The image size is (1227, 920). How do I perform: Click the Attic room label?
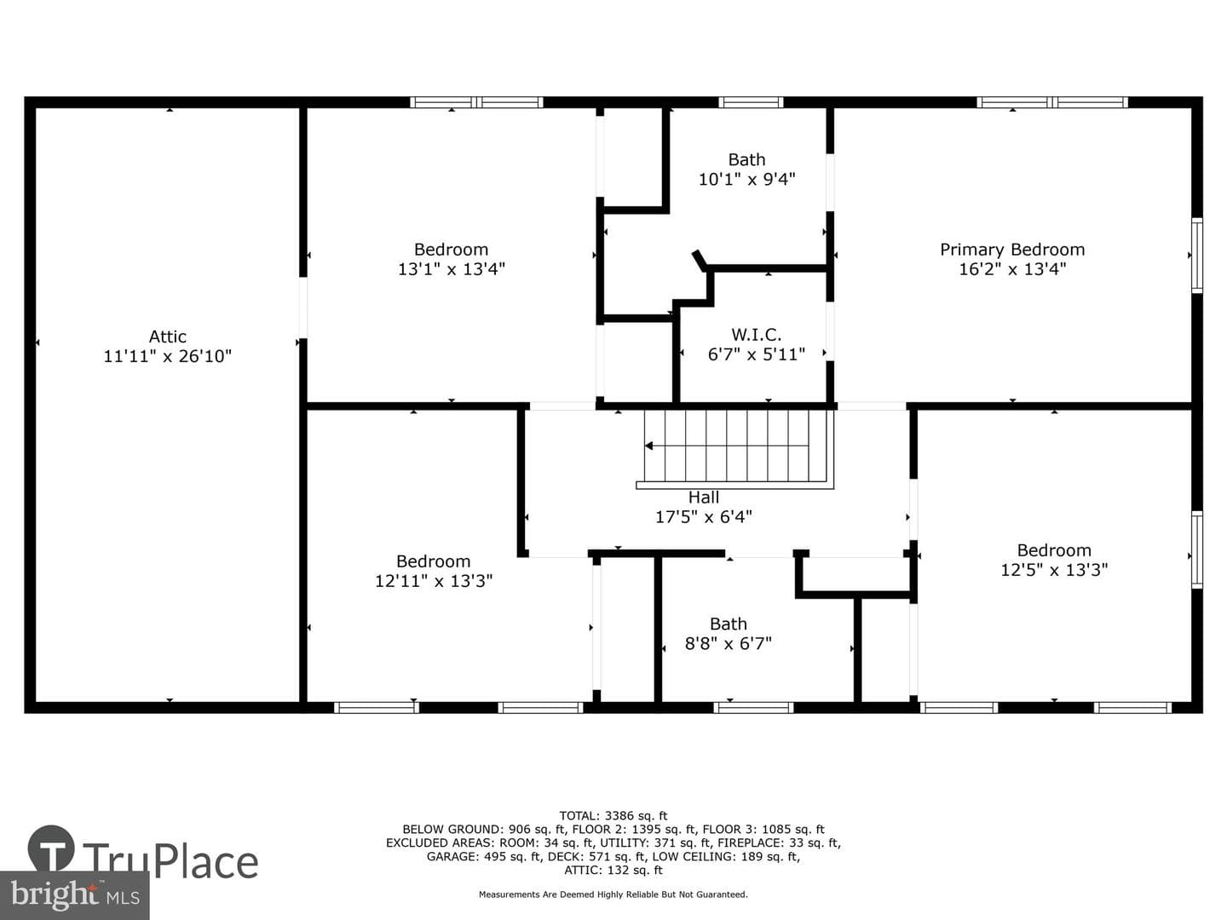[x=168, y=336]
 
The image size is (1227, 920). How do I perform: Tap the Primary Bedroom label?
[x=1012, y=250]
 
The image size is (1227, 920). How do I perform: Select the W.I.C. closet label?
[x=757, y=335]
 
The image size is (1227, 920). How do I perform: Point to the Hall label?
[x=704, y=497]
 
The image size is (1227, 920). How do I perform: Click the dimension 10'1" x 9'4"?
[x=746, y=179]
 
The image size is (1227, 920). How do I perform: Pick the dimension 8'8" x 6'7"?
[x=729, y=643]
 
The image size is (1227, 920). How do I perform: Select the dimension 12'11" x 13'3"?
[x=434, y=581]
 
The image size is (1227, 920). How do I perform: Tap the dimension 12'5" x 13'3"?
[x=1054, y=570]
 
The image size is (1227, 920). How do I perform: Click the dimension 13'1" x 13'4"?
[x=451, y=269]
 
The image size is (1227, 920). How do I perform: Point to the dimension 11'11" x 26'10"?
[x=168, y=356]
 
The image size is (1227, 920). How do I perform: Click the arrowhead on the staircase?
[x=649, y=446]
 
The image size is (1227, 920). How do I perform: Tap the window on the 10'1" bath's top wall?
[x=751, y=102]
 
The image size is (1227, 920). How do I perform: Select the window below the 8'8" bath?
[x=753, y=708]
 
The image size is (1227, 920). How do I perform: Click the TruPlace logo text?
[x=170, y=862]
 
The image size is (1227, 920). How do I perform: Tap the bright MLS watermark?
[x=75, y=894]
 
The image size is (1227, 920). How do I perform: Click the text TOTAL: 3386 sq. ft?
[x=613, y=815]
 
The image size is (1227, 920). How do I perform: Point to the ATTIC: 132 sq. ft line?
[x=613, y=870]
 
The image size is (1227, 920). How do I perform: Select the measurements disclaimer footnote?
[x=613, y=894]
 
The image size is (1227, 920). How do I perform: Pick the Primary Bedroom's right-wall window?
[x=1197, y=256]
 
